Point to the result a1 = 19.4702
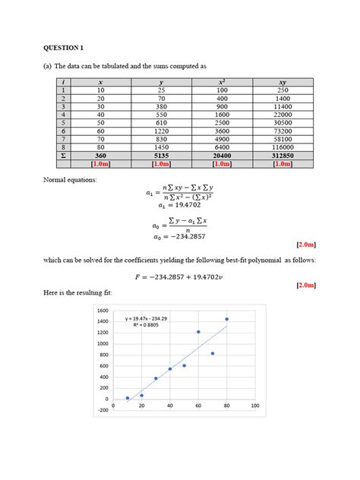179,204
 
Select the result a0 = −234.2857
179,235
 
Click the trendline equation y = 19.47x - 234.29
147,319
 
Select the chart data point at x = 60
198,332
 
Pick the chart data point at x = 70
213,353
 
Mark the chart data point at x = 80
226,319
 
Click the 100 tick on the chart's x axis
254,406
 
